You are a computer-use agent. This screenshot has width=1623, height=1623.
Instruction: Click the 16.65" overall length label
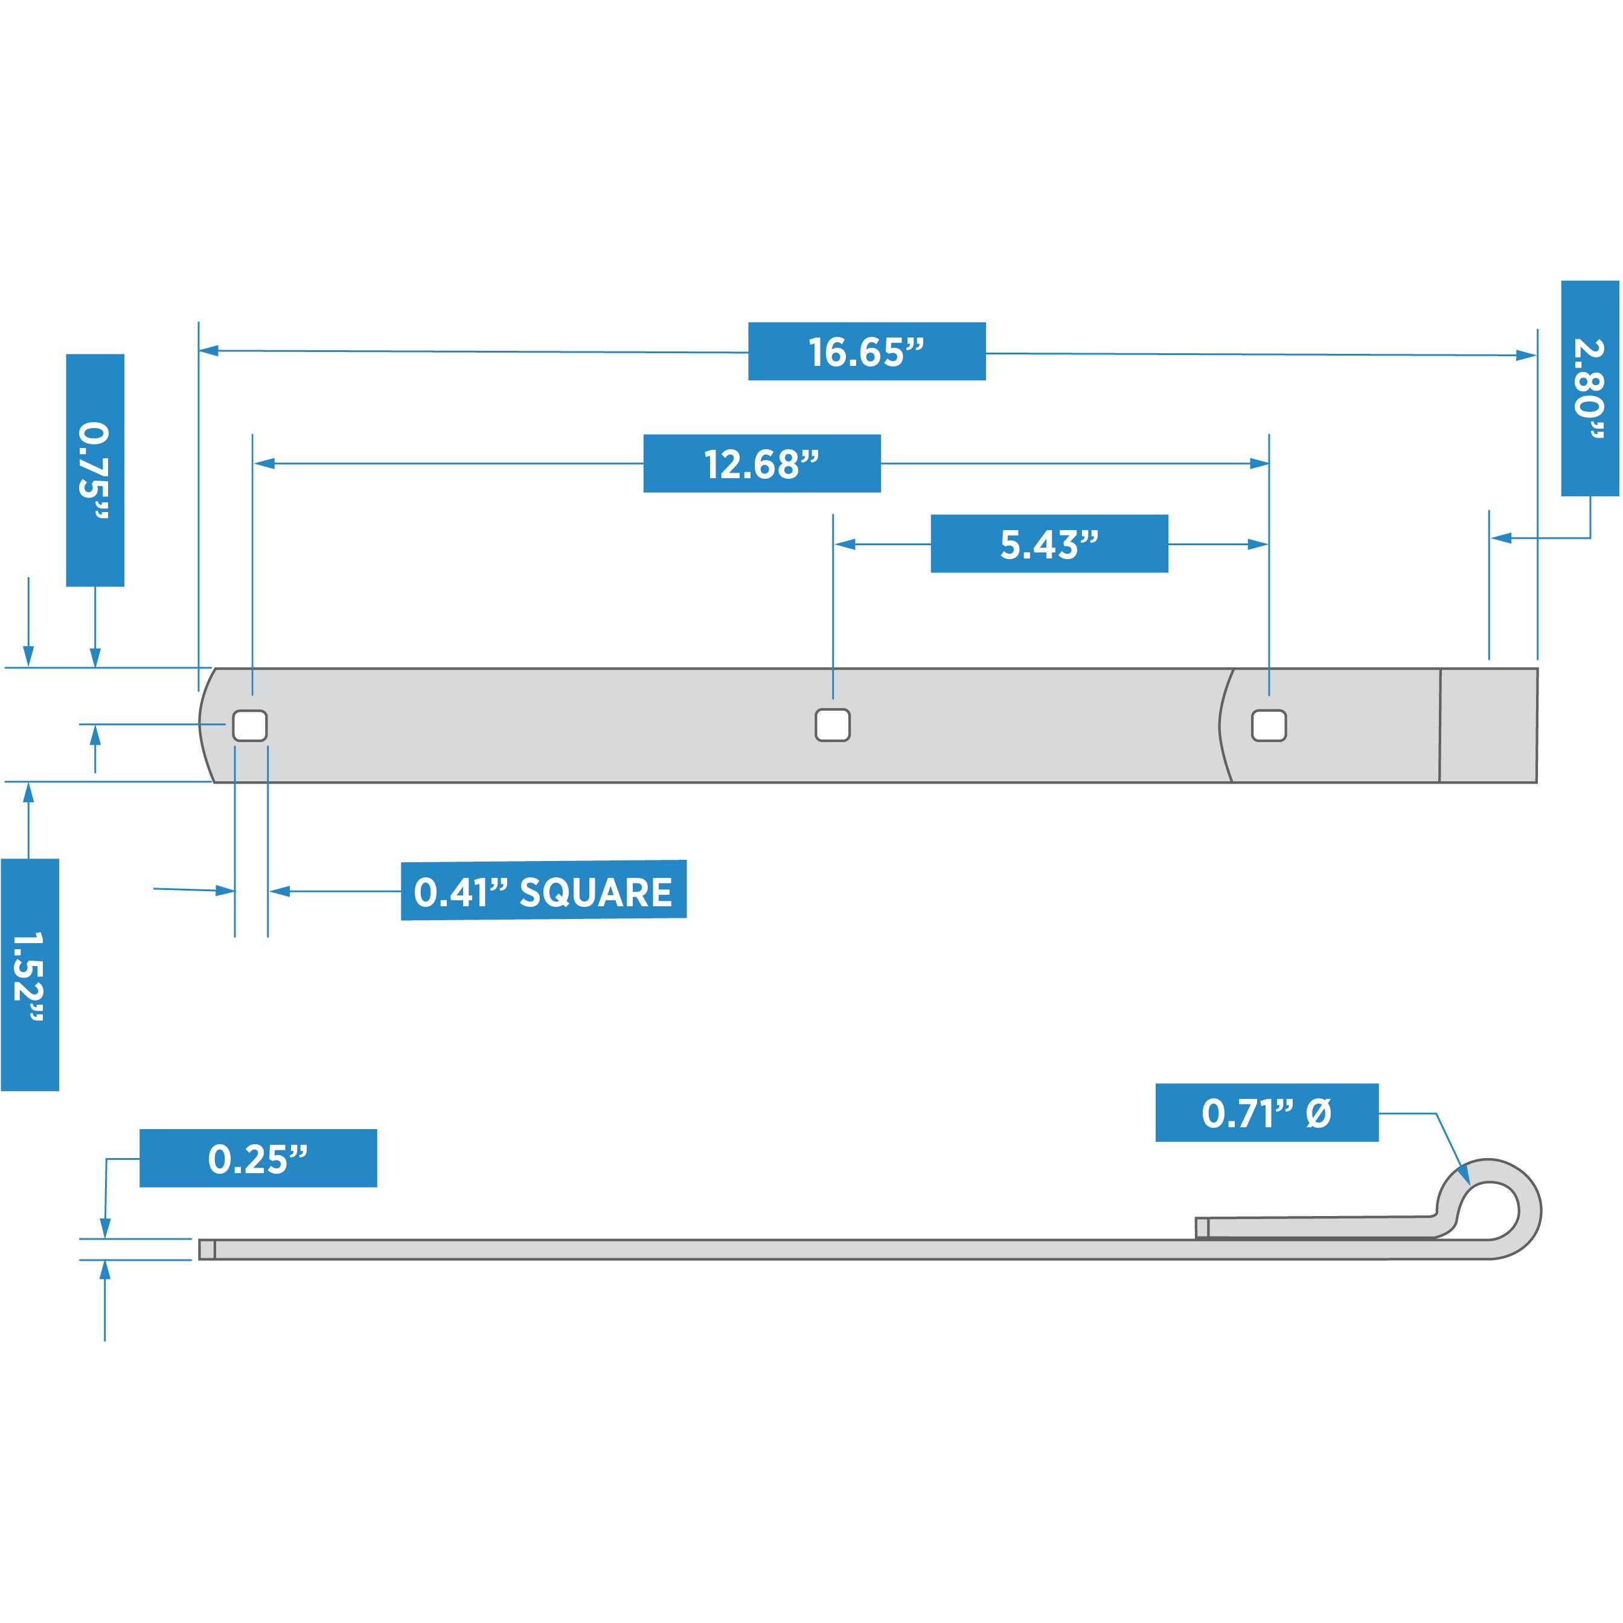866,351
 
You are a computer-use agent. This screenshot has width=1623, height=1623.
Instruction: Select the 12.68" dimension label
761,464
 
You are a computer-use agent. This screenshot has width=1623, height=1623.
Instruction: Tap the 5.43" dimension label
1048,545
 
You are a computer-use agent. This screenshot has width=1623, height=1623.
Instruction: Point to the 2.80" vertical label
1589,388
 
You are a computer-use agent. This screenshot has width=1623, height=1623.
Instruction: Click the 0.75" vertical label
95,470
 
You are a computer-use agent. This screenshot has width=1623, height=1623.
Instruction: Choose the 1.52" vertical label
30,975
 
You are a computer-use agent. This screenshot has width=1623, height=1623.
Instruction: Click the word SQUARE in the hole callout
595,892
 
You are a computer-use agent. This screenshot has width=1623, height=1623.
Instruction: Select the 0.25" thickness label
258,1159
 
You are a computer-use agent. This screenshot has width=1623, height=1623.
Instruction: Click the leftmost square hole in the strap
249,726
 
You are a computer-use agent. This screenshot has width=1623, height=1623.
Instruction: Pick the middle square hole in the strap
833,725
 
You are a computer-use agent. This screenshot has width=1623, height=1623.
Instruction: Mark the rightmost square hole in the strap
1269,726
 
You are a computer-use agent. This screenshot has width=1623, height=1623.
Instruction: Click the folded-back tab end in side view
1202,1228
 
